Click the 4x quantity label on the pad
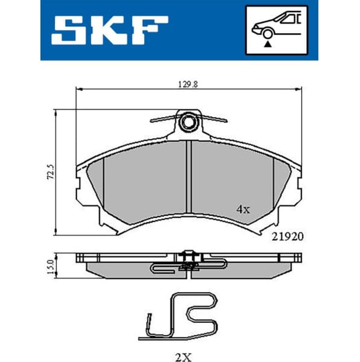click(x=243, y=209)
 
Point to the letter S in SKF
click(x=69, y=30)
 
